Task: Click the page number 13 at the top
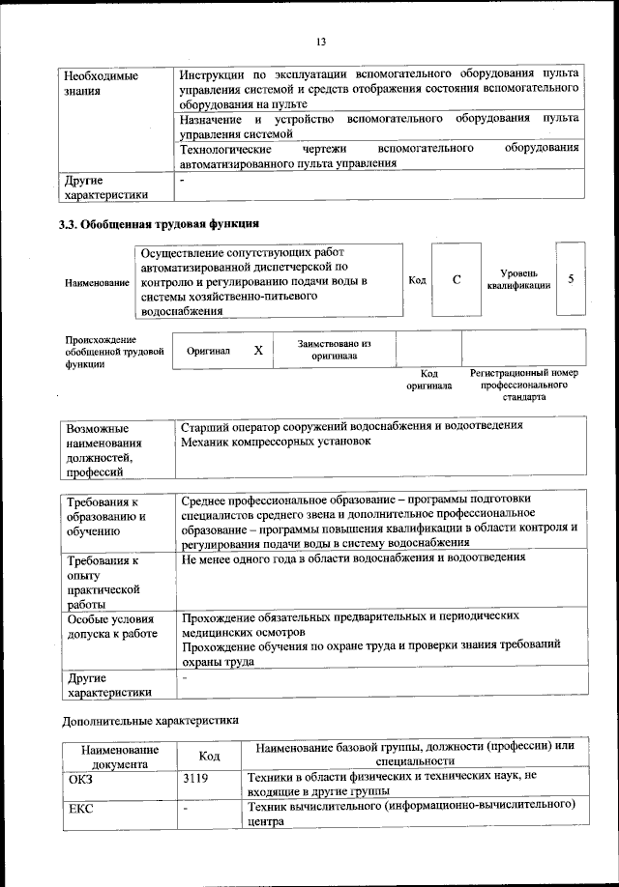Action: tap(321, 41)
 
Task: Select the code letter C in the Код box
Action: tap(457, 279)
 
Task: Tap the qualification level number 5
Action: tap(572, 279)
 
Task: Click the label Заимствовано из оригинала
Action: tap(334, 350)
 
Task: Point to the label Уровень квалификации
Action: tap(519, 279)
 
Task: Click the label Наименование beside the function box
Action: tap(97, 282)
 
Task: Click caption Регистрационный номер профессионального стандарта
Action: tap(523, 384)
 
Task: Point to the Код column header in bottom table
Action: tap(210, 757)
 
